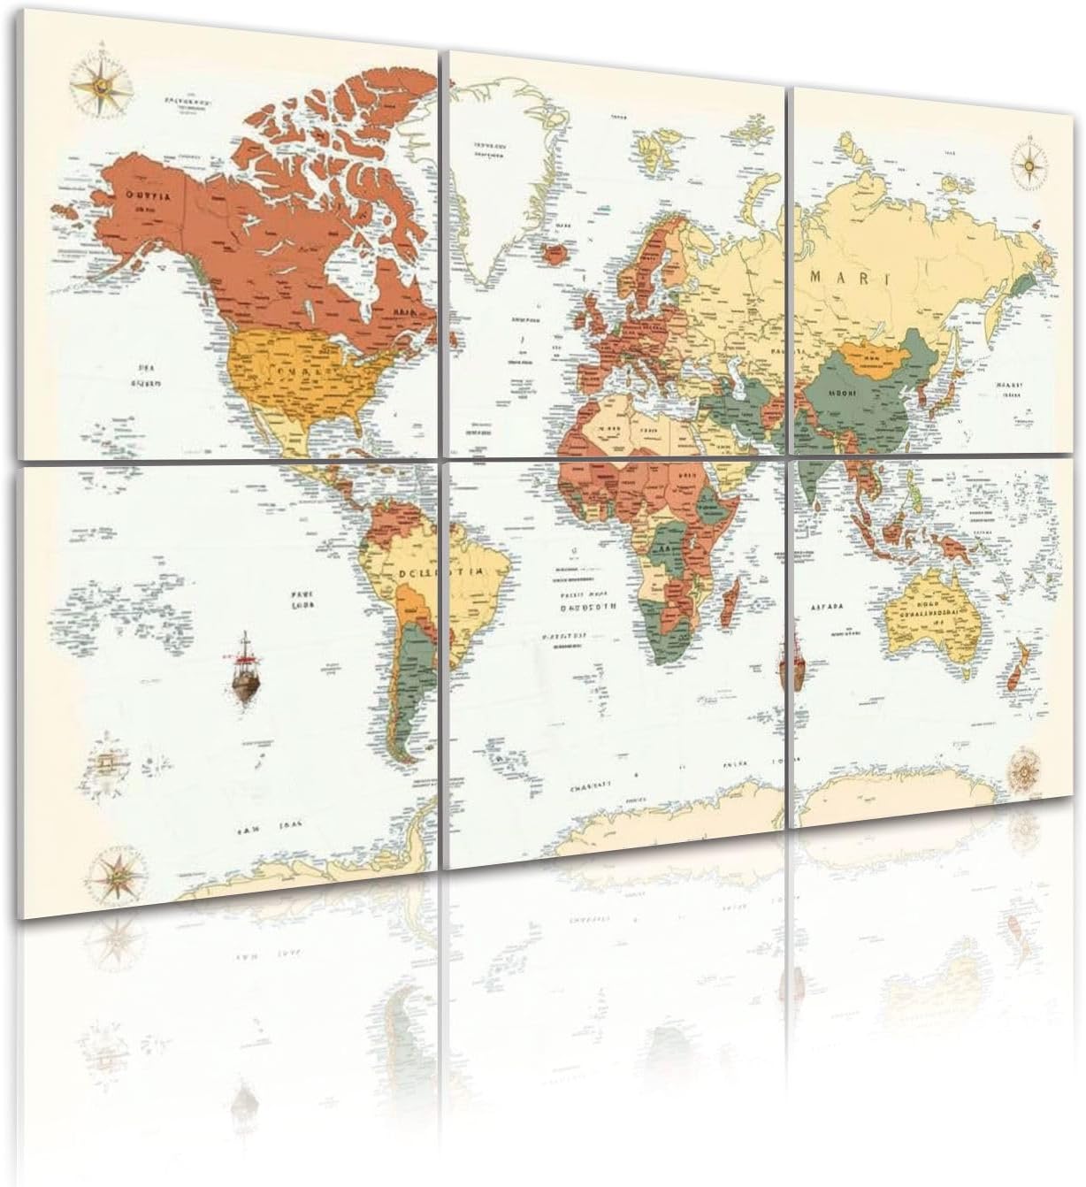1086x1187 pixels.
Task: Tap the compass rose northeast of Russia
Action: (1031, 160)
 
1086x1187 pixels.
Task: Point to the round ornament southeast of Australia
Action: (1026, 766)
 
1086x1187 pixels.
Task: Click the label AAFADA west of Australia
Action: (828, 607)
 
